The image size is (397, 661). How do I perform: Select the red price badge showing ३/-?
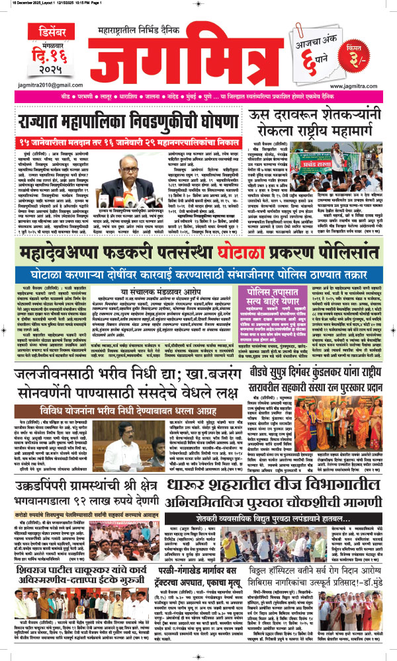click(371, 42)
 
